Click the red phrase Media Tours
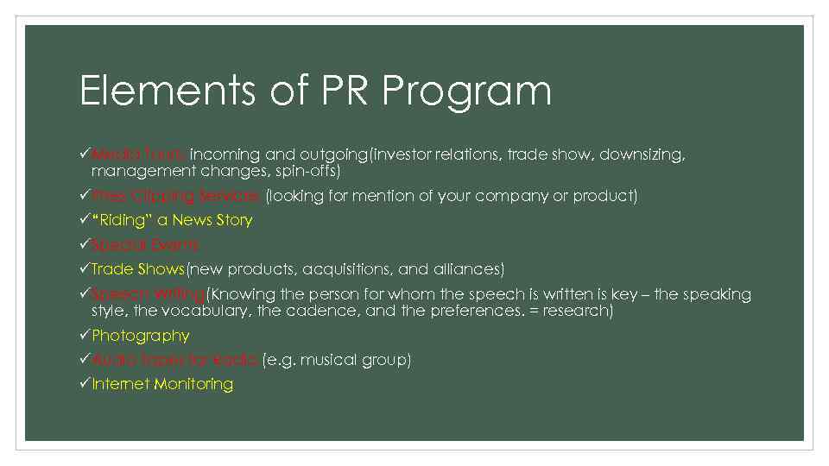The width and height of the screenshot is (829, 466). point(138,154)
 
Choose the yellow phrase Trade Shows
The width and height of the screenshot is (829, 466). point(138,269)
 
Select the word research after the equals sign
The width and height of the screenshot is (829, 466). point(579,310)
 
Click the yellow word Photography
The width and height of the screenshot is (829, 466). point(141,335)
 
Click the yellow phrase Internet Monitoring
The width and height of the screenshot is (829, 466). point(162,384)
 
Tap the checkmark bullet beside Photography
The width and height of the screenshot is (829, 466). point(85,335)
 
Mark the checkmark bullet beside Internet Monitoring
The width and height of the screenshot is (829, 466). point(85,383)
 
